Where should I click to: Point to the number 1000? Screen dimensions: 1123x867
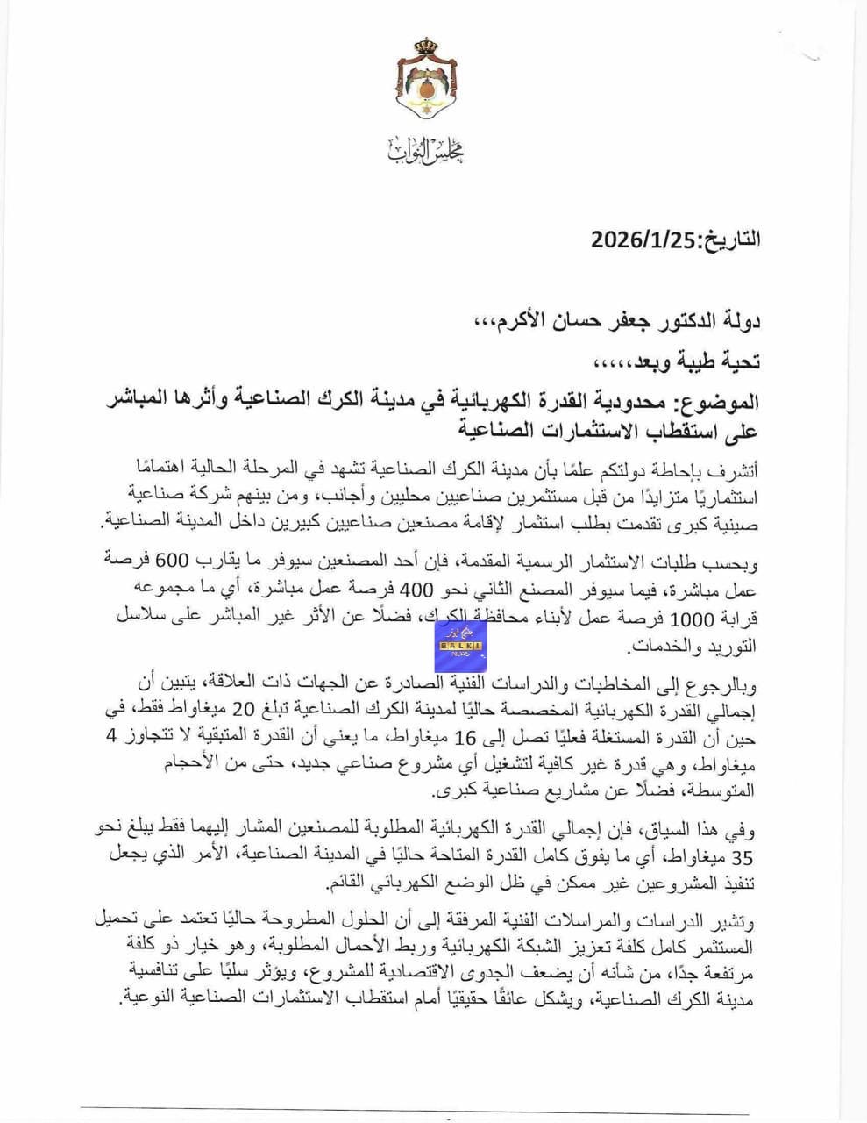click(693, 617)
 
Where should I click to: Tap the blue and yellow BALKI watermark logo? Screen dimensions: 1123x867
click(459, 644)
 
